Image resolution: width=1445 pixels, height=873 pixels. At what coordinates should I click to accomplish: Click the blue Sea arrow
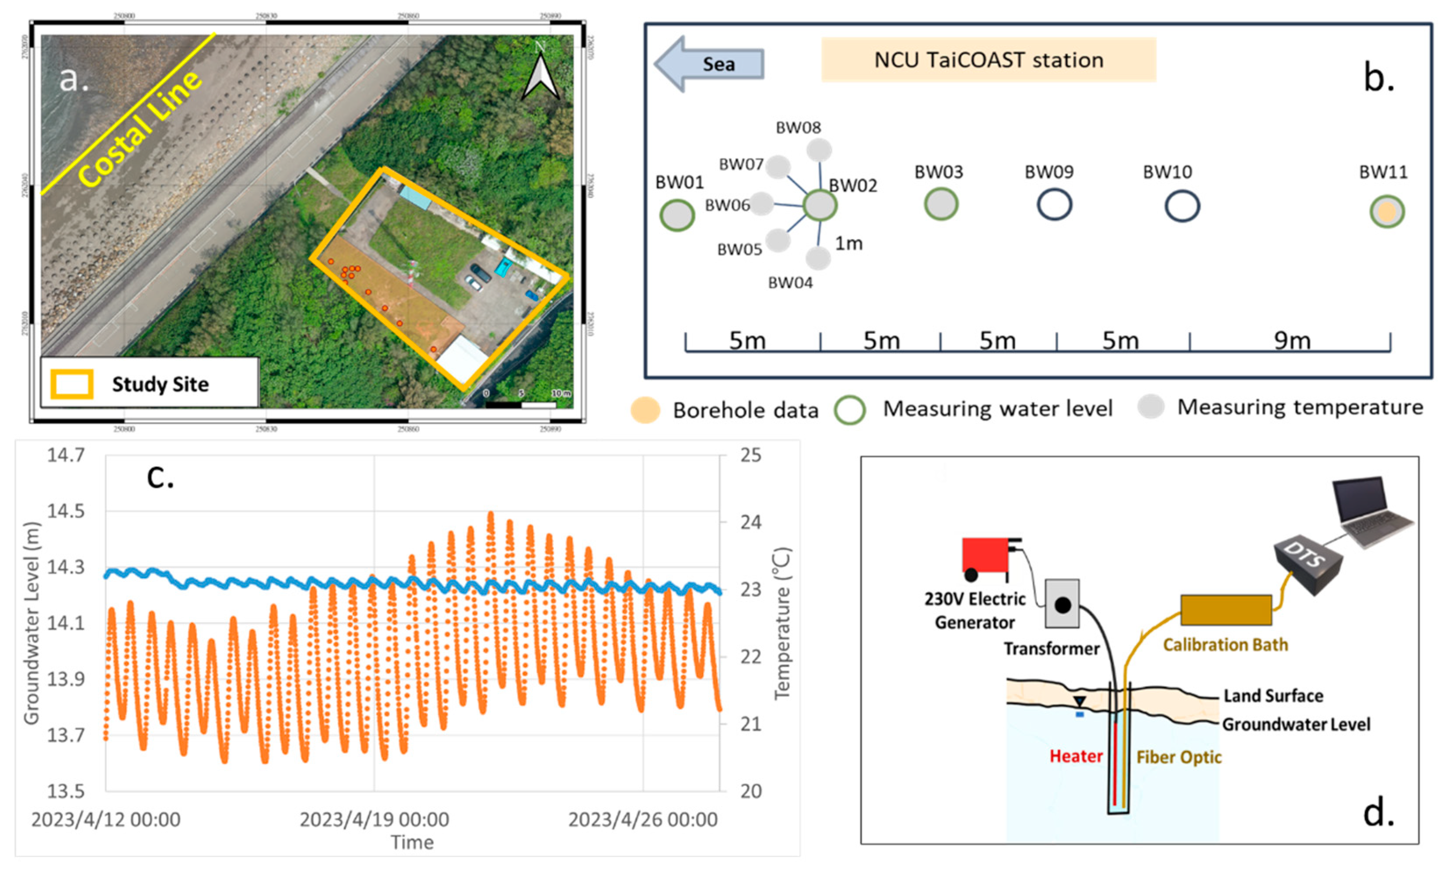(x=709, y=63)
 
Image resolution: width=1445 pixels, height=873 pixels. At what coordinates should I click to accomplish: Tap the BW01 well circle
(x=677, y=215)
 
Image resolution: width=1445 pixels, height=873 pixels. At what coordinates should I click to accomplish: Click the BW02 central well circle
(x=819, y=205)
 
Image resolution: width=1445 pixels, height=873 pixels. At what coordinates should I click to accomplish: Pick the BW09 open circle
(x=1055, y=205)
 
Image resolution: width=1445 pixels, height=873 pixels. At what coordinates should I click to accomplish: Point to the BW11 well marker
(x=1387, y=212)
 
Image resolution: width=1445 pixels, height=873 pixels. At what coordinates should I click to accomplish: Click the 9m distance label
(x=1292, y=340)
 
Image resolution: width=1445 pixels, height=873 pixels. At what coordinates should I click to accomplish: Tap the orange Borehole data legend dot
(x=645, y=409)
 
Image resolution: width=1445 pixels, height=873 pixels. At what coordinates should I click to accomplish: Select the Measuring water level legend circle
(x=850, y=409)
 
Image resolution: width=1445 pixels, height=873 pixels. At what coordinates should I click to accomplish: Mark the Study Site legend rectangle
(x=72, y=384)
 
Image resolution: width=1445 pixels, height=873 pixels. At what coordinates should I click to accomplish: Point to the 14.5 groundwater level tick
(x=66, y=511)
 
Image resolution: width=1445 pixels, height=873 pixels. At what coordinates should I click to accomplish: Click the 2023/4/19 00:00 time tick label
(x=374, y=819)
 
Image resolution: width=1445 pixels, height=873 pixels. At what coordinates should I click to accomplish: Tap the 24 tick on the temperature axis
(x=750, y=522)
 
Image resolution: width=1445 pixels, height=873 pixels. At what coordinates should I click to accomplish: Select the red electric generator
(x=986, y=555)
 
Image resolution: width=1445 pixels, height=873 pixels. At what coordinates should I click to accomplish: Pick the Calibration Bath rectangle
(x=1226, y=610)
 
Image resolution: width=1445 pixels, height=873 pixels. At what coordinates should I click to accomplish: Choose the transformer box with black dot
(x=1062, y=603)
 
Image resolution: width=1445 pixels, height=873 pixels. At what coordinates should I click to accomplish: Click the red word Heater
(x=1076, y=756)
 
